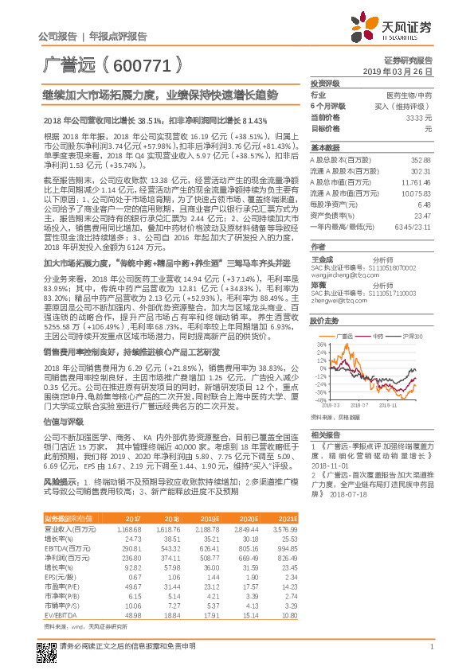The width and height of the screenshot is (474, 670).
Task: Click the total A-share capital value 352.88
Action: (x=421, y=159)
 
